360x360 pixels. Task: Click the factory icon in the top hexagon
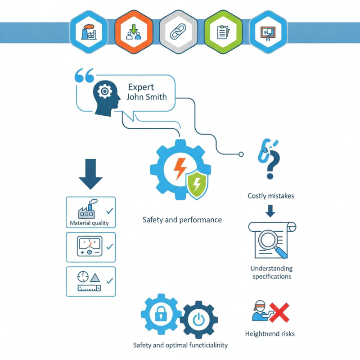point(89,31)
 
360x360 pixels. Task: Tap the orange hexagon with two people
point(134,31)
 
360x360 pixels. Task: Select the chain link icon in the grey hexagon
point(178,31)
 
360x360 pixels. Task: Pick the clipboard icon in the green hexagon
point(223,32)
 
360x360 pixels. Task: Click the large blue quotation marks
point(84,75)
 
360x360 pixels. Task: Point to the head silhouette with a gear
point(106,98)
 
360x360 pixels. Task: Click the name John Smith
point(147,97)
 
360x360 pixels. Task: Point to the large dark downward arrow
point(90,174)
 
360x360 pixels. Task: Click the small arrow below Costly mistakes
point(270,211)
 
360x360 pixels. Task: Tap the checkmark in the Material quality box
point(110,211)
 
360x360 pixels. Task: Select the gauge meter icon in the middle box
point(90,246)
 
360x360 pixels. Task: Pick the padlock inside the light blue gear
point(161,314)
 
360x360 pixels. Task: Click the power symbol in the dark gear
point(198,319)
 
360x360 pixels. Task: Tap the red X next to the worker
point(279,312)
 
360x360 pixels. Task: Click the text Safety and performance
point(182,220)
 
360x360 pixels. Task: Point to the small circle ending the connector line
point(241,154)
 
